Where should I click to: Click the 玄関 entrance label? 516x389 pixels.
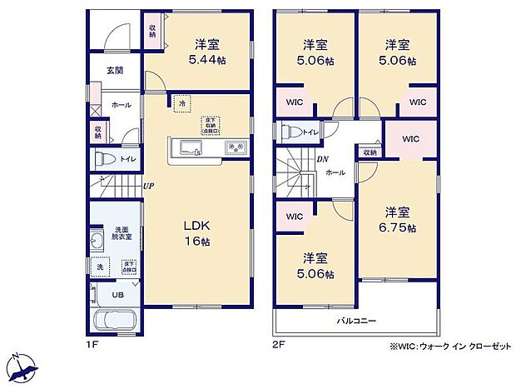coord(114,71)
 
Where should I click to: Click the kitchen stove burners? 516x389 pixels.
coord(233,148)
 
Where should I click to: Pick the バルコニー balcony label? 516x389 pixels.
coord(357,319)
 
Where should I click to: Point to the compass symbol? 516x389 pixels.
coord(25,364)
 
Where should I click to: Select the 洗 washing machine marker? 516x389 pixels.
coord(99,267)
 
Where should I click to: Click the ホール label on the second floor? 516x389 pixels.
coord(335,172)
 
